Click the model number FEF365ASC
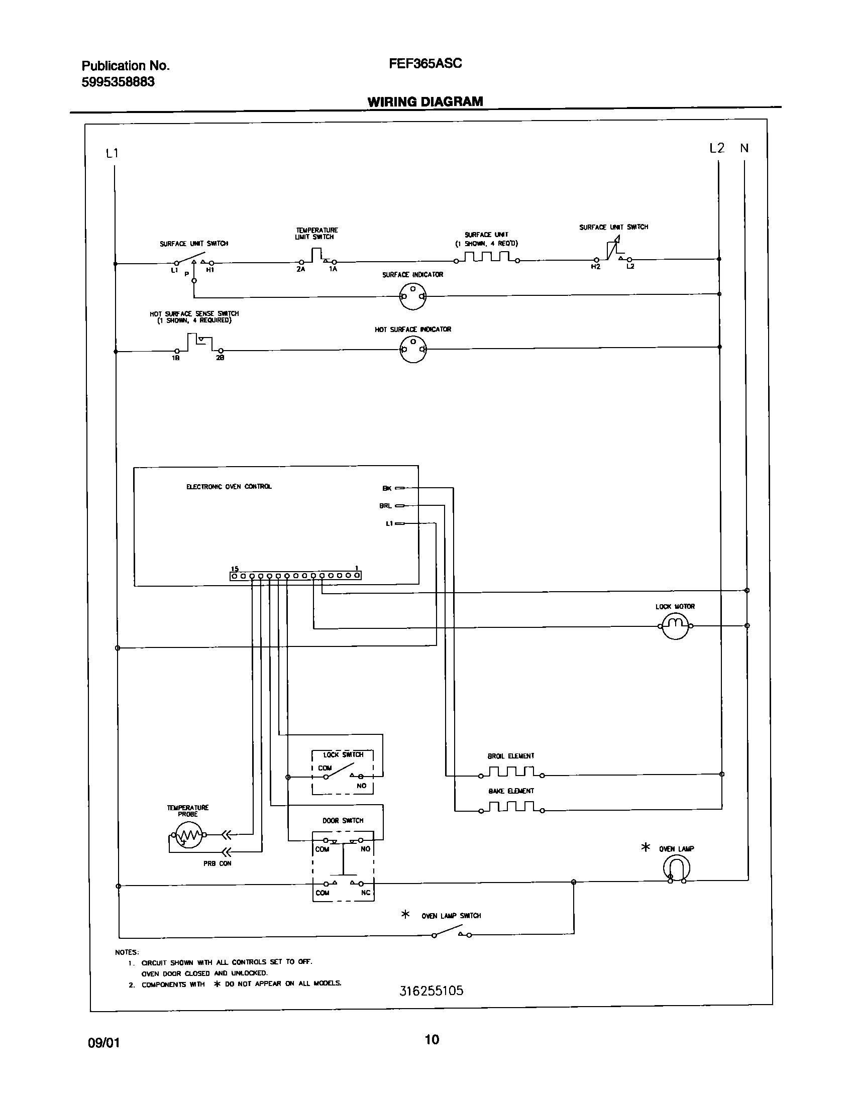pyautogui.click(x=425, y=64)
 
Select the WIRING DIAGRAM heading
pyautogui.click(x=425, y=102)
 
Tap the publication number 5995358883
pyautogui.click(x=118, y=82)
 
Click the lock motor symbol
pyautogui.click(x=675, y=626)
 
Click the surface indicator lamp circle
pyautogui.click(x=413, y=296)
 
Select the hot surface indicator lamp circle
pyautogui.click(x=413, y=349)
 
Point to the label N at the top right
pyautogui.click(x=744, y=148)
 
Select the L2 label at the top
pyautogui.click(x=717, y=148)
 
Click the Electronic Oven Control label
pyautogui.click(x=229, y=487)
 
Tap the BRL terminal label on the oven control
pyautogui.click(x=385, y=506)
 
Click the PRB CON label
pyautogui.click(x=218, y=863)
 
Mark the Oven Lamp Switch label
pyautogui.click(x=451, y=916)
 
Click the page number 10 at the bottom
pyautogui.click(x=432, y=1039)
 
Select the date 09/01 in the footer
pyautogui.click(x=104, y=1043)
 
